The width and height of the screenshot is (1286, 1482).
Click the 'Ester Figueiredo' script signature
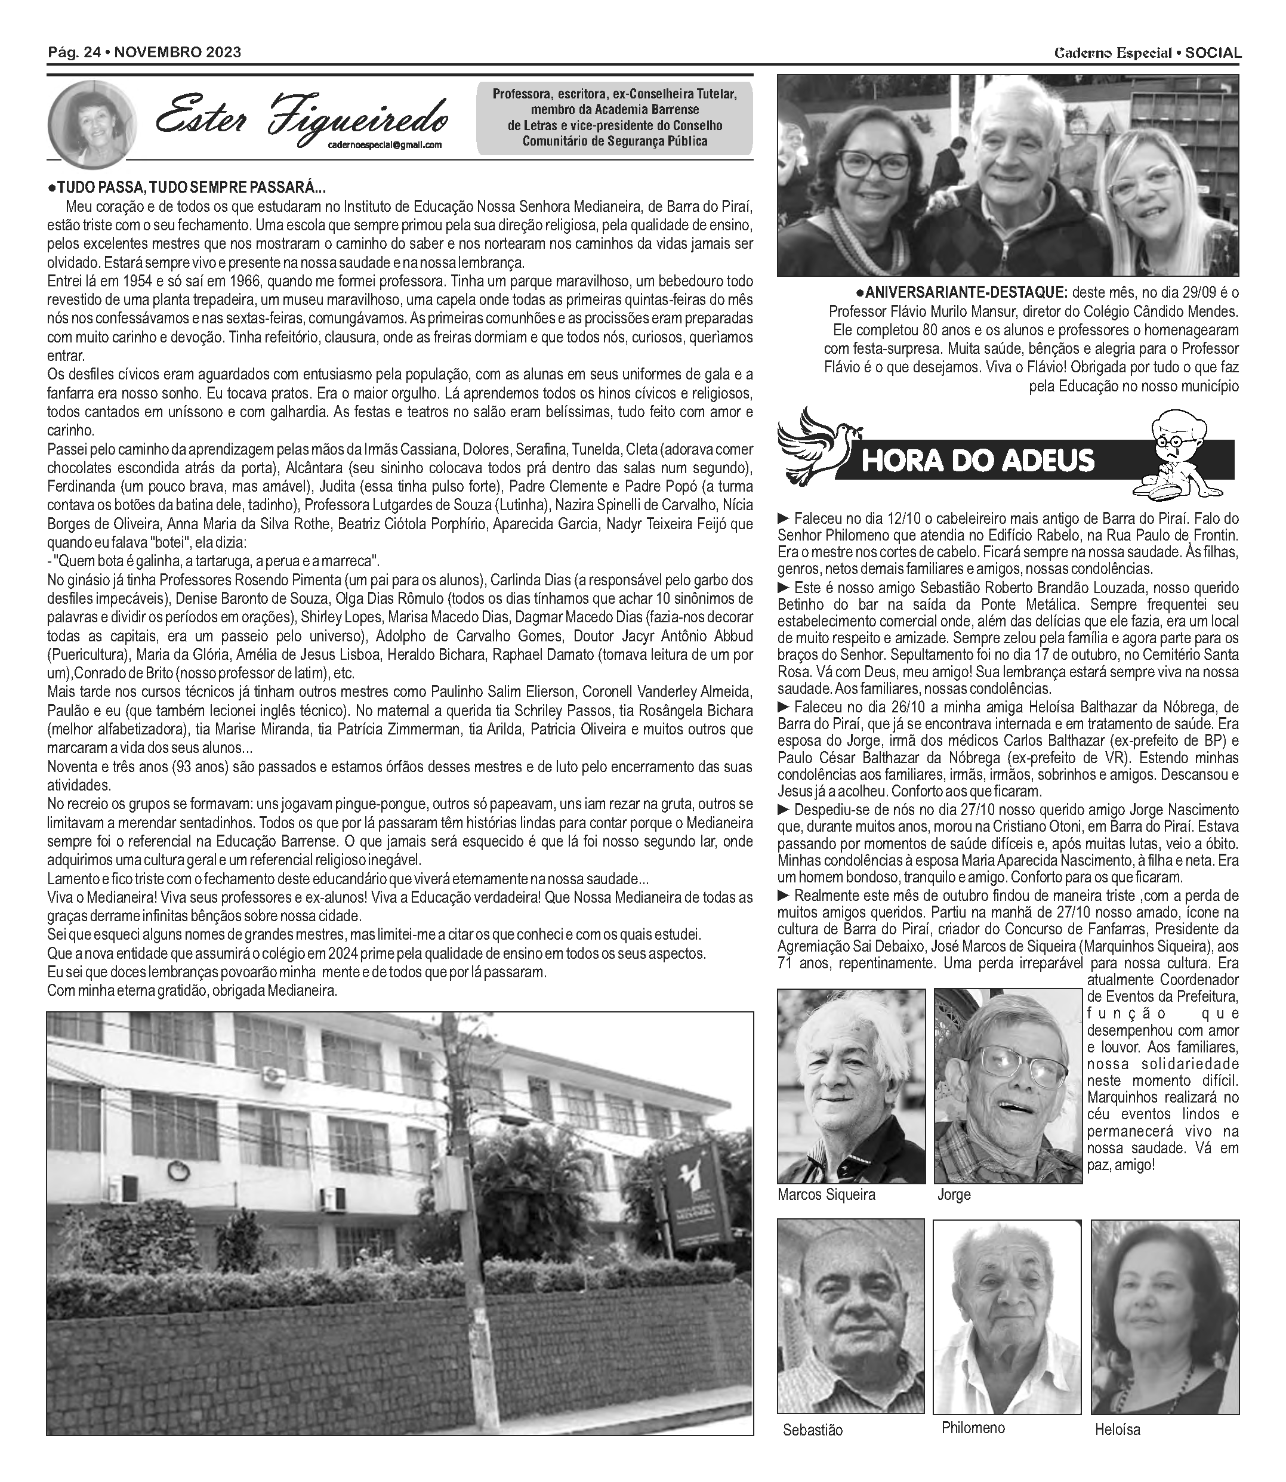tap(301, 118)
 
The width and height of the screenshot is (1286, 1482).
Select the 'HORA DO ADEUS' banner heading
tap(977, 460)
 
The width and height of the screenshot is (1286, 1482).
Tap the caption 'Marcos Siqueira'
tap(826, 1195)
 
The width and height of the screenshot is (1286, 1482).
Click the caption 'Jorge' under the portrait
tap(954, 1195)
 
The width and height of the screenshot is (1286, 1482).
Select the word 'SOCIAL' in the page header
tap(1213, 53)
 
